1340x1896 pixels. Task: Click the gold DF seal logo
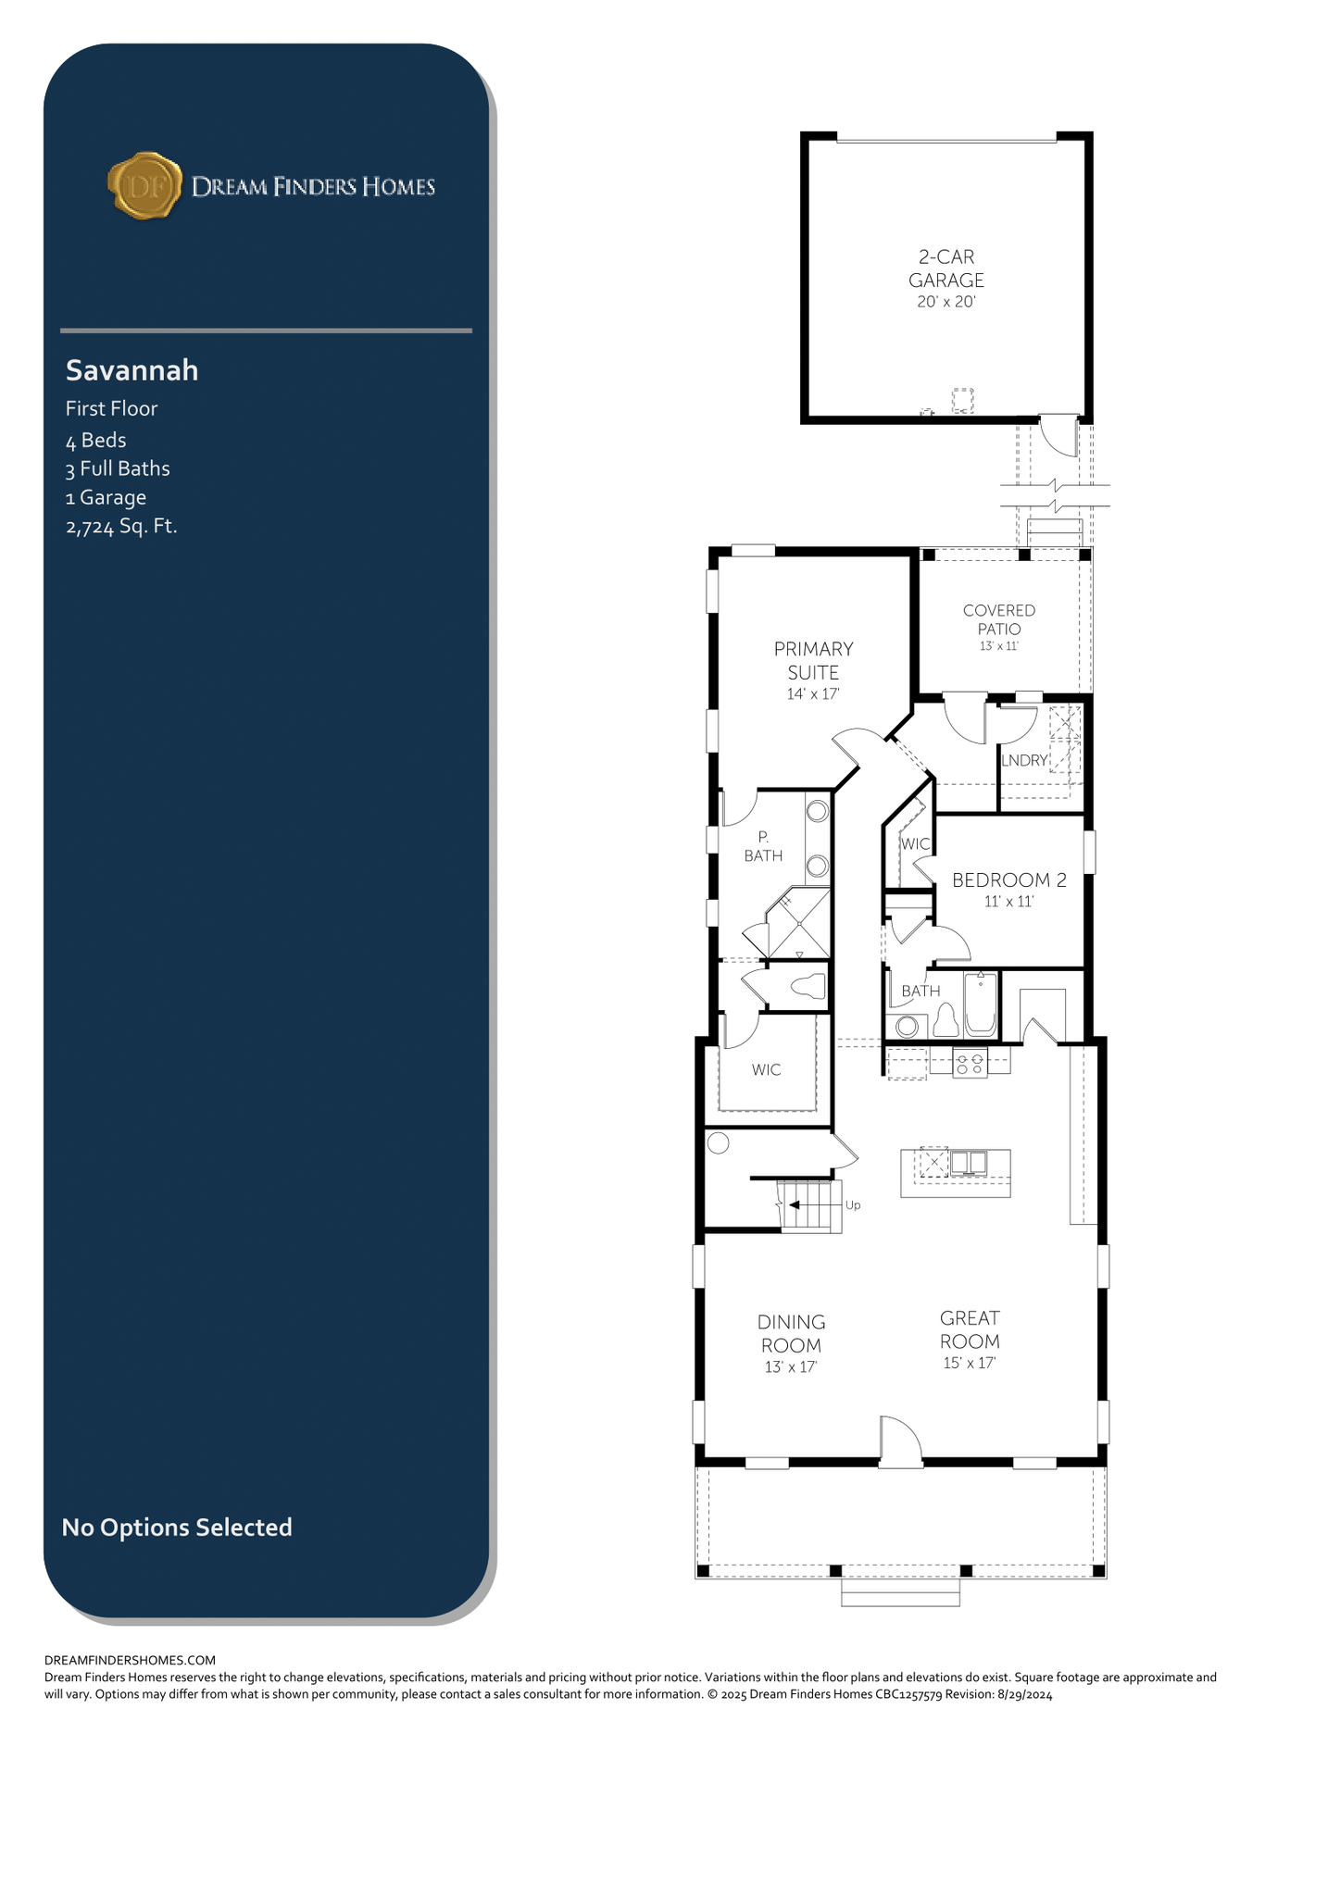pos(144,186)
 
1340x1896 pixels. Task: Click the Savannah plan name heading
pos(131,370)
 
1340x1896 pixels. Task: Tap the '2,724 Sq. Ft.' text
pos(121,527)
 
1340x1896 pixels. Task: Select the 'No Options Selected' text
pos(177,1527)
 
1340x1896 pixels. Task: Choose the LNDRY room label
pos(1024,760)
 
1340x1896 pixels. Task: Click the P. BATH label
pos(763,846)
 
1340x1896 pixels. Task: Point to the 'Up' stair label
pos(853,1205)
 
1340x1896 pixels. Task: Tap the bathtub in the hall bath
pos(981,1004)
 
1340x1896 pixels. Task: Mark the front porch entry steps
pos(900,1592)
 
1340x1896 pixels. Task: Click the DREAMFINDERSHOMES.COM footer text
pos(130,1660)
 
